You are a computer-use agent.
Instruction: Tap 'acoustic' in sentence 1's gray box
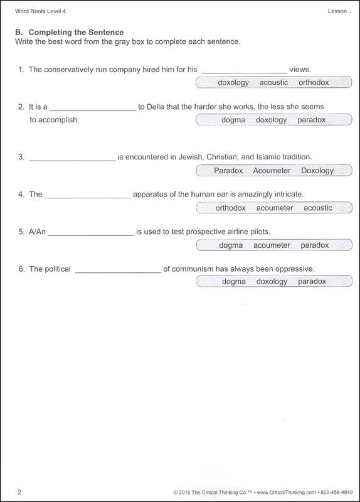pos(274,82)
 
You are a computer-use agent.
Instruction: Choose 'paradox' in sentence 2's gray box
pos(312,120)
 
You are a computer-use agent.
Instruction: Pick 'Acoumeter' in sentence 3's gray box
pos(272,170)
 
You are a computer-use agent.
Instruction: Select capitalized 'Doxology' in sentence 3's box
pos(317,170)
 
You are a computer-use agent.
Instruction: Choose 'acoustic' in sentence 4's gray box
pos(318,208)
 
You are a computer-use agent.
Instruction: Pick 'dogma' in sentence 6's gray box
pos(234,282)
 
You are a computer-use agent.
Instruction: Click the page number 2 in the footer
pos(19,492)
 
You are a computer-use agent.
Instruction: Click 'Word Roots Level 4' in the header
pos(40,12)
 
